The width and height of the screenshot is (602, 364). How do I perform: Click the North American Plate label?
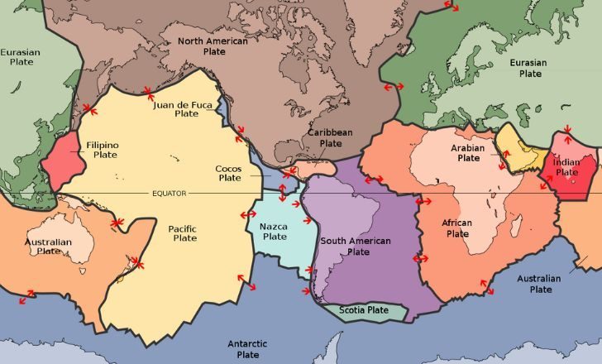point(213,45)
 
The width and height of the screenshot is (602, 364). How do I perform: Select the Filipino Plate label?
point(103,150)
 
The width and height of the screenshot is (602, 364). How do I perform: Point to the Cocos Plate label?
point(228,172)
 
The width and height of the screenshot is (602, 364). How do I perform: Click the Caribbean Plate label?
point(330,137)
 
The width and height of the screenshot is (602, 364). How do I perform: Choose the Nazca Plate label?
point(275,232)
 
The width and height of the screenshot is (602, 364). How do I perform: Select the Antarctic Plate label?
point(247,348)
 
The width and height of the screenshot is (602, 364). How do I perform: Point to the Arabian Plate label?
point(467,152)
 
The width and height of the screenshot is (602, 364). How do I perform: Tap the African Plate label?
point(458,228)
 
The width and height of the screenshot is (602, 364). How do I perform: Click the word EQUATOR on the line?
point(169,194)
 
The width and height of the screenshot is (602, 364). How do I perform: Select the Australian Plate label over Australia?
point(48,247)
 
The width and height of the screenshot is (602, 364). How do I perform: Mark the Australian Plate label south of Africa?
point(540,284)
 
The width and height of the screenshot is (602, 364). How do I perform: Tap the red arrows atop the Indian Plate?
point(567,132)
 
